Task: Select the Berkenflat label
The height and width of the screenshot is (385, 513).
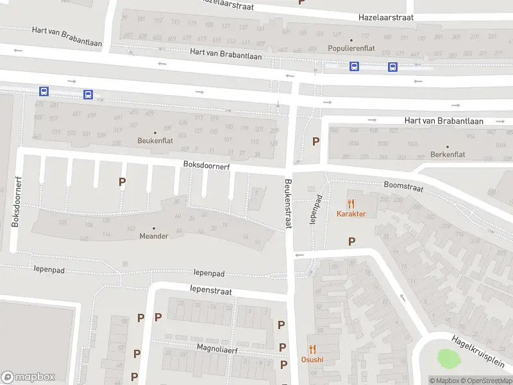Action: point(448,155)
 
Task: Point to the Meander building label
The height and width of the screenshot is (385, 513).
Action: point(154,235)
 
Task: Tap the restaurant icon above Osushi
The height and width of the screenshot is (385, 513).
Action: point(312,349)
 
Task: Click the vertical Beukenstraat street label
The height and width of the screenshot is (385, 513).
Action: point(288,204)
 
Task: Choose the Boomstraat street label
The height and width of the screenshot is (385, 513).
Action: point(403,186)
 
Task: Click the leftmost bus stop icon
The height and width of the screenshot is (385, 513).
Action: point(44,92)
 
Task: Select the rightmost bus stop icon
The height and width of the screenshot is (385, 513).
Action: point(392,66)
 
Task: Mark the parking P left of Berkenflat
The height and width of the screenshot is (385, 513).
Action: point(315,142)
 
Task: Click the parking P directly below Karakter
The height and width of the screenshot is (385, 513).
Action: point(351,241)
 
